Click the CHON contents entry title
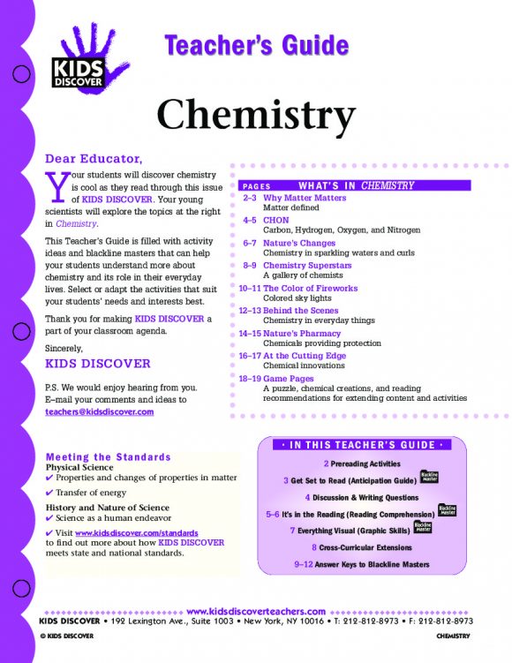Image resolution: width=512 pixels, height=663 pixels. pyautogui.click(x=275, y=220)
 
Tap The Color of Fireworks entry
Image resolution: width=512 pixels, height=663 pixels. pyautogui.click(x=310, y=288)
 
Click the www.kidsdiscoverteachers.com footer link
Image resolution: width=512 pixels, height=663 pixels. pyautogui.click(x=257, y=610)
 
